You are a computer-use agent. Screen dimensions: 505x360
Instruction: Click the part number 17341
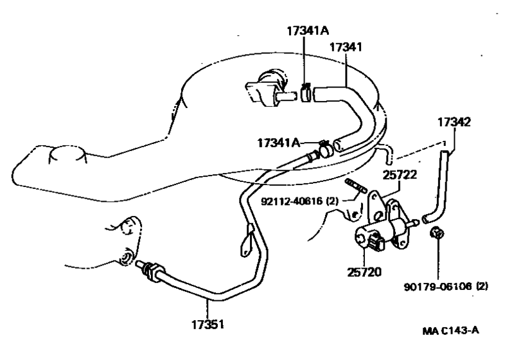[x=346, y=48]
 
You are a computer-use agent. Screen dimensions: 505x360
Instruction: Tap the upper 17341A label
[x=308, y=31]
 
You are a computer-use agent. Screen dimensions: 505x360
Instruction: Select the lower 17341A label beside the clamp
[x=279, y=143]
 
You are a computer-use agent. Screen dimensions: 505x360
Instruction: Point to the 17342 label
[x=454, y=123]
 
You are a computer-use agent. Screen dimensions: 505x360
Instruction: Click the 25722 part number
[x=400, y=175]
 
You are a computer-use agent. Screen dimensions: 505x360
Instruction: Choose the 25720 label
[x=364, y=273]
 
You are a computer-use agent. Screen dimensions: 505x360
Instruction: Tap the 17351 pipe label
[x=208, y=325]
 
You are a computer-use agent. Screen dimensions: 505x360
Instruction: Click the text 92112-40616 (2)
[x=299, y=201]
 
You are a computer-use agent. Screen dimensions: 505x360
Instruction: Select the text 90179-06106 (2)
[x=446, y=287]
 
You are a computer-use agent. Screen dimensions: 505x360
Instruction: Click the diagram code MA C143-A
[x=451, y=330]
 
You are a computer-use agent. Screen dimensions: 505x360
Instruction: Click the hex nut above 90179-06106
[x=438, y=233]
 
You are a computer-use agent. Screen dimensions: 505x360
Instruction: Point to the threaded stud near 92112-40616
[x=355, y=186]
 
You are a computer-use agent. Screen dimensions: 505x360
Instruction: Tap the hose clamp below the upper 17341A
[x=306, y=92]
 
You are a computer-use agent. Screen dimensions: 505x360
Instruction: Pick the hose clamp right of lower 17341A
[x=325, y=149]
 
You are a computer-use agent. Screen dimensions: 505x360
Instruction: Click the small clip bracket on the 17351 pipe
[x=247, y=241]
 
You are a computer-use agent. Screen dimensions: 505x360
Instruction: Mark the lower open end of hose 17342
[x=426, y=219]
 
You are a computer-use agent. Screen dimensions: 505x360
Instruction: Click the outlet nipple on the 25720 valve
[x=413, y=222]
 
